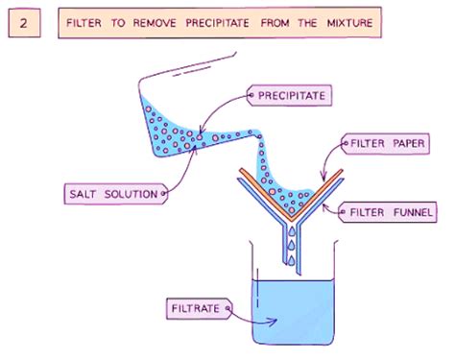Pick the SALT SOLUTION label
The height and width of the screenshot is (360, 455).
pos(113,194)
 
